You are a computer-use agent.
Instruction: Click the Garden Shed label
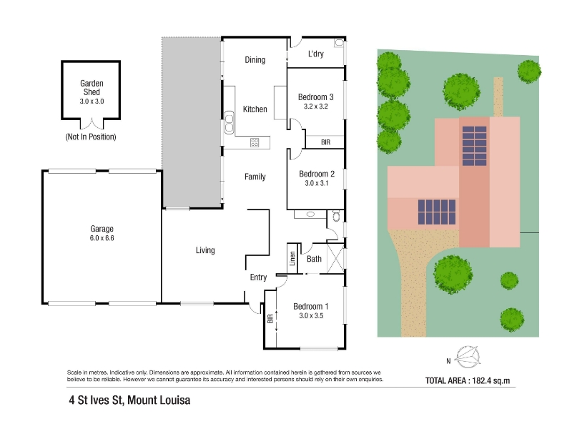pos(92,87)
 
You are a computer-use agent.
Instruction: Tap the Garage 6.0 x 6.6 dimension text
pos(102,238)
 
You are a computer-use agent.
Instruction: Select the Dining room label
pos(255,60)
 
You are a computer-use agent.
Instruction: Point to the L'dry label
pos(316,54)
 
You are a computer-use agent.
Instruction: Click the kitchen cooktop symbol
pos(255,142)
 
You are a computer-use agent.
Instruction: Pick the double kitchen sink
pos(229,122)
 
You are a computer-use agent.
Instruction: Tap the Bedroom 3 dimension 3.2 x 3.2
pos(316,107)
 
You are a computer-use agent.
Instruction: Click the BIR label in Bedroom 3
pos(326,142)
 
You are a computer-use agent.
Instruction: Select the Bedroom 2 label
pos(317,174)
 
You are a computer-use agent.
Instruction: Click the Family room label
pos(255,177)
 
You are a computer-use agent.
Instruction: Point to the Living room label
pos(205,250)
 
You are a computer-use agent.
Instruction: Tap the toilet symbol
pos(336,216)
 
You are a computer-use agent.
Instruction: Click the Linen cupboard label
pos(292,258)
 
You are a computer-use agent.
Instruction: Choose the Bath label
pos(314,259)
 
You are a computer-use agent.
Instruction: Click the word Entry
pos(258,277)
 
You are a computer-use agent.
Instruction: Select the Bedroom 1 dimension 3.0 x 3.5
pos(311,316)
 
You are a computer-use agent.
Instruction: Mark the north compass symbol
pos(467,357)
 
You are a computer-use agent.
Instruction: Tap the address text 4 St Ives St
pos(96,400)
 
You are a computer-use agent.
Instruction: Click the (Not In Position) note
pos(91,137)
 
